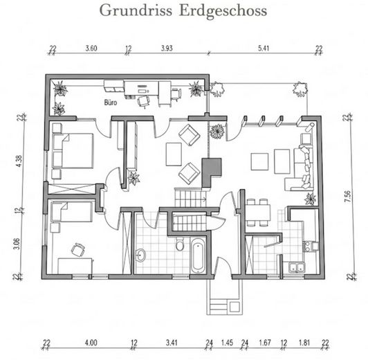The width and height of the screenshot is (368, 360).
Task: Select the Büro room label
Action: point(110,102)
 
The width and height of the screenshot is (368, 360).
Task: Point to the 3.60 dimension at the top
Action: point(91,49)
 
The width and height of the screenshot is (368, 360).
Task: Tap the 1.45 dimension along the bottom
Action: point(228,343)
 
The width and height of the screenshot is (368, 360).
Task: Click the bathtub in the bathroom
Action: point(197,255)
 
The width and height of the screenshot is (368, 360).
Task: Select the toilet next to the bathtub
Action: point(179,244)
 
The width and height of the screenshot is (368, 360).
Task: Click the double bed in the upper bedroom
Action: point(73,150)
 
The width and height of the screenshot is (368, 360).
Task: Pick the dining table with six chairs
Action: point(259,210)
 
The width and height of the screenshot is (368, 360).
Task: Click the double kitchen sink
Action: point(297,266)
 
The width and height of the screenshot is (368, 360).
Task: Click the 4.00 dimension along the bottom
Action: point(91,343)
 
